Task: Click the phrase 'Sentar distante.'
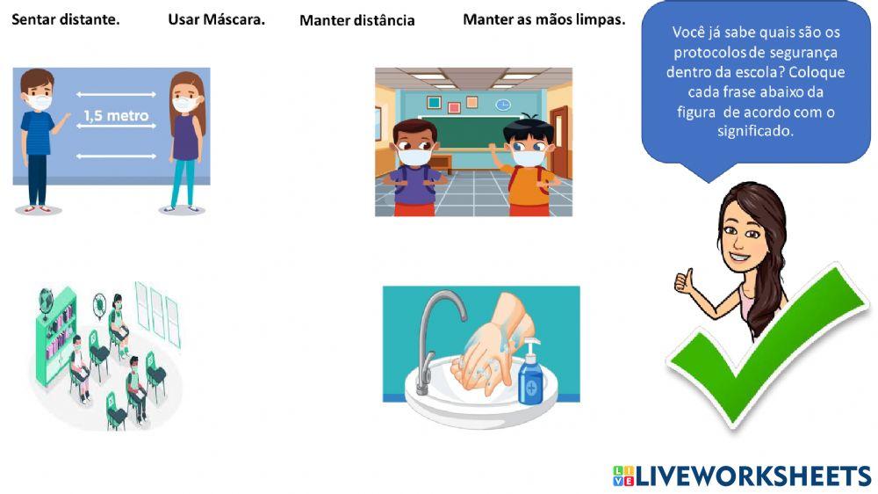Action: point(66,18)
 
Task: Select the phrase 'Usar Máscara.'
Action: point(216,18)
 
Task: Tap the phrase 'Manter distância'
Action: point(356,20)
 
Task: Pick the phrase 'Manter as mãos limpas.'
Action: point(543,18)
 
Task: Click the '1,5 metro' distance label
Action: point(116,115)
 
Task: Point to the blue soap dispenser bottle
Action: point(530,375)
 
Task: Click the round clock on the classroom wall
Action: point(503,105)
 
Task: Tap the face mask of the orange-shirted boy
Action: point(529,157)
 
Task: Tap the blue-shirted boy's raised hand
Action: point(61,124)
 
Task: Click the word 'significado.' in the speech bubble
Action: point(755,131)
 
